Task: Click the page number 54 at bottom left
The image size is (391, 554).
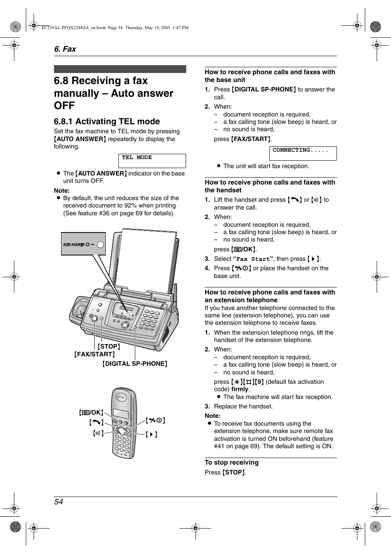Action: [59, 502]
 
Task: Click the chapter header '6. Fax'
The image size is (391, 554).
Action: [65, 49]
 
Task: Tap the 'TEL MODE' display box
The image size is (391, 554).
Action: [152, 161]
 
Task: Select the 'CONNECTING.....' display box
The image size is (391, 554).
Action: [302, 153]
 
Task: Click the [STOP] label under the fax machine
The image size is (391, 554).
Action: [109, 347]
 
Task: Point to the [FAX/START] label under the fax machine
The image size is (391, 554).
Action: [94, 354]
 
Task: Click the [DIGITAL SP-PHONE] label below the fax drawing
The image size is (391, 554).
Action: [135, 364]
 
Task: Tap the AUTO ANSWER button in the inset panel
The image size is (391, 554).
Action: [100, 245]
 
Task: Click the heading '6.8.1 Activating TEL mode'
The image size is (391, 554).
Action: [107, 121]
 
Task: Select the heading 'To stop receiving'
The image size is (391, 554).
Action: [232, 463]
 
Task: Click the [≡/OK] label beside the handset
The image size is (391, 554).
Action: [91, 413]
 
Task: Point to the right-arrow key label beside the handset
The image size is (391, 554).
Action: [152, 434]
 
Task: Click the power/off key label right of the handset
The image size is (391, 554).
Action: [155, 420]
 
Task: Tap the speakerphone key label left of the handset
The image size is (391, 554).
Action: [98, 433]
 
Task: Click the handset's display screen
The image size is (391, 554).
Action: [121, 413]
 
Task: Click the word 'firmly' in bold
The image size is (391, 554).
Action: [240, 389]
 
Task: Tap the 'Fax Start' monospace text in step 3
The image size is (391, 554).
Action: [253, 259]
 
